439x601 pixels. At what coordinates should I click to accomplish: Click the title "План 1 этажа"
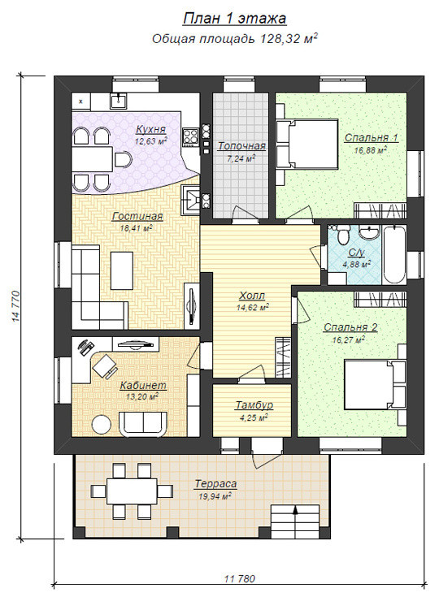pyautogui.click(x=234, y=19)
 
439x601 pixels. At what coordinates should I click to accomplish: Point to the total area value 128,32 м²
pyautogui.click(x=289, y=38)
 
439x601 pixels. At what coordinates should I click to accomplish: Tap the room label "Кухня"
pyautogui.click(x=151, y=129)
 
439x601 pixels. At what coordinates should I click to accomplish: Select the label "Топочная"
pyautogui.click(x=241, y=146)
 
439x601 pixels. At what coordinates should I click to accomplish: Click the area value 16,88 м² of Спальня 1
pyautogui.click(x=371, y=150)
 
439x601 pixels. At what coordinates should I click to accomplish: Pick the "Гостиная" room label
pyautogui.click(x=137, y=217)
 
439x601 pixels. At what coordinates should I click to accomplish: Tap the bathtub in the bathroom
pyautogui.click(x=394, y=255)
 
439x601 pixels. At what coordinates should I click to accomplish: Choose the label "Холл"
pyautogui.click(x=252, y=296)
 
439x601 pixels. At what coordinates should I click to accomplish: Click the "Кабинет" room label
pyautogui.click(x=144, y=385)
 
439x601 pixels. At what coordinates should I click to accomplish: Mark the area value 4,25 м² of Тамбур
pyautogui.click(x=254, y=417)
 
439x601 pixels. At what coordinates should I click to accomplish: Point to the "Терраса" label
pyautogui.click(x=215, y=484)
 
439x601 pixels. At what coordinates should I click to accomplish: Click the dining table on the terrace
pyautogui.click(x=132, y=491)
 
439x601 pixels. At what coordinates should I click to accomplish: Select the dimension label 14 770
pyautogui.click(x=15, y=306)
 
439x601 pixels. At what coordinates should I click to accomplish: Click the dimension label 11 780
pyautogui.click(x=240, y=578)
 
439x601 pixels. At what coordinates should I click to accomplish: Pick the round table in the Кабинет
pyautogui.click(x=102, y=425)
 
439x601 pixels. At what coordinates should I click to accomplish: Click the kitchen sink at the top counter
pyautogui.click(x=120, y=102)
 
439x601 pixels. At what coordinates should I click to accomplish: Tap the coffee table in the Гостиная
pyautogui.click(x=122, y=270)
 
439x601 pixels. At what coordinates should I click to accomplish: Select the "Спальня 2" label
pyautogui.click(x=350, y=327)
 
